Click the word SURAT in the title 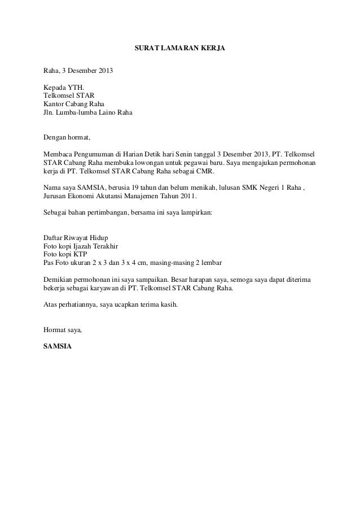coord(147,49)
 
